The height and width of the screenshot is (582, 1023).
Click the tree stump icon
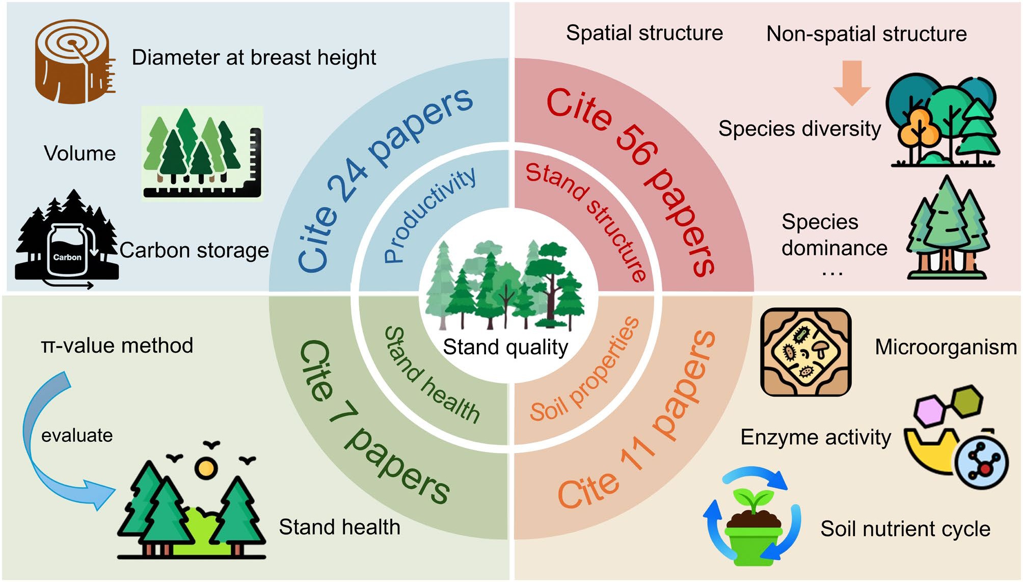pyautogui.click(x=74, y=61)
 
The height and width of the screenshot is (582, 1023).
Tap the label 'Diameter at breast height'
pyautogui.click(x=254, y=57)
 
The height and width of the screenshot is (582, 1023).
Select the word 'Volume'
pyautogui.click(x=80, y=153)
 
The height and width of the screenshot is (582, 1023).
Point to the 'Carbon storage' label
pyautogui.click(x=194, y=250)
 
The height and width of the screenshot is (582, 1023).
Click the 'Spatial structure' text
pyautogui.click(x=644, y=33)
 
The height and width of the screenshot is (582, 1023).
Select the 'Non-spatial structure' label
pyautogui.click(x=866, y=34)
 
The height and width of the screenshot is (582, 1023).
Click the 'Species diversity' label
pyautogui.click(x=799, y=128)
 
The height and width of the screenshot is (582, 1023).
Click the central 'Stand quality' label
pyautogui.click(x=505, y=347)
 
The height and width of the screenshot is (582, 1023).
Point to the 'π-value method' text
pyautogui.click(x=117, y=346)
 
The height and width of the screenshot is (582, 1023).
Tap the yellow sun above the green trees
pyautogui.click(x=206, y=467)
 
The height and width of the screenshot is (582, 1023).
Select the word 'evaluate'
pyautogui.click(x=77, y=435)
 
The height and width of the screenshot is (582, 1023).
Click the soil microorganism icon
pyautogui.click(x=805, y=352)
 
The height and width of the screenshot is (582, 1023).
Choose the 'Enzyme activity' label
pyautogui.click(x=816, y=437)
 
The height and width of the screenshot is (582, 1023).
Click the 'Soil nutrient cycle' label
pyautogui.click(x=905, y=528)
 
